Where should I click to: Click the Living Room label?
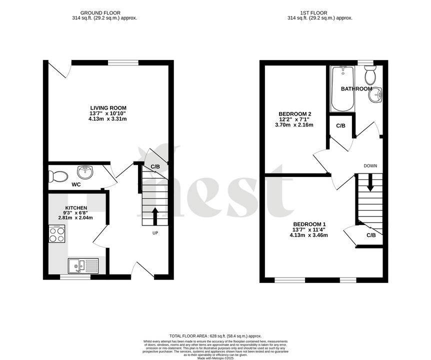coord(108,108)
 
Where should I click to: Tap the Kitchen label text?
coord(76,208)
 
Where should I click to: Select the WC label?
coord(76,184)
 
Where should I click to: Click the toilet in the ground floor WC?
coord(58,176)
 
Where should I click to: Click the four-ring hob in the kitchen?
coord(56,234)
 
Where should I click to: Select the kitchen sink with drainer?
coord(84,265)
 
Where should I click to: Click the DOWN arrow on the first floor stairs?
coord(370,182)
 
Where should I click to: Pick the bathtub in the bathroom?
coord(343,90)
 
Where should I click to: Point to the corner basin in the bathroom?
coord(376,94)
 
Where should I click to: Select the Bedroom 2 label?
coord(295,114)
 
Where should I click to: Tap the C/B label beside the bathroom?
coord(340,125)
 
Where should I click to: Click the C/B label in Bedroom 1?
coord(371,235)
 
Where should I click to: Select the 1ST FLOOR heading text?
coord(320,13)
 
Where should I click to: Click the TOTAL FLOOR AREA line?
coord(215,336)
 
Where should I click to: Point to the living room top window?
coord(123,62)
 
